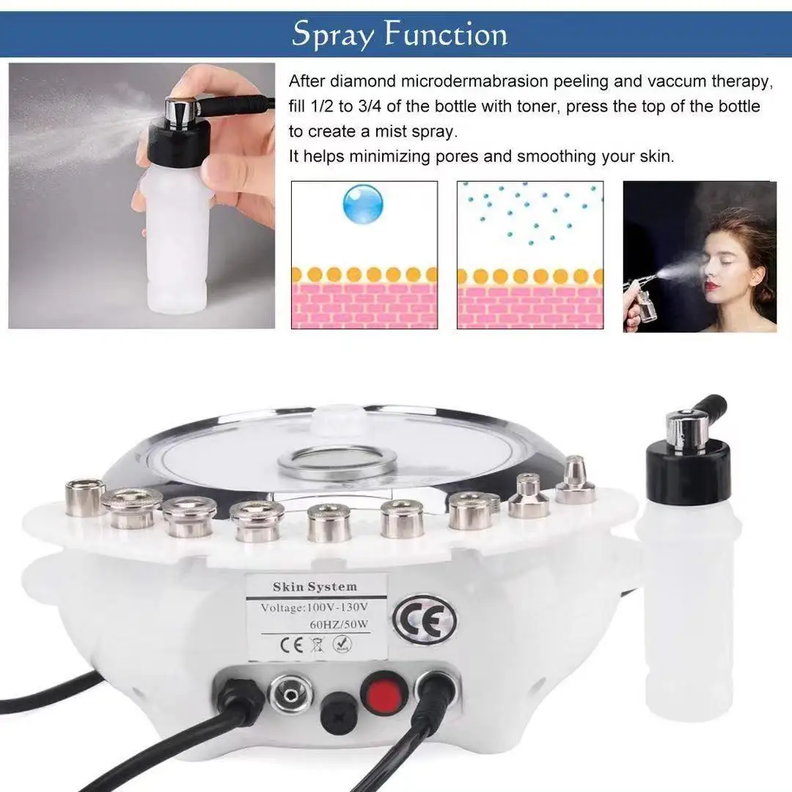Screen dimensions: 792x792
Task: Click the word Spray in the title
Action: click(333, 34)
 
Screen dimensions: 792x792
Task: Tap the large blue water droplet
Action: click(363, 204)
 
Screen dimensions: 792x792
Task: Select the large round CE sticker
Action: click(425, 620)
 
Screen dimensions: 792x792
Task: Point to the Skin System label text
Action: click(315, 587)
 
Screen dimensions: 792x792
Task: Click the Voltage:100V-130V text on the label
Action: click(314, 607)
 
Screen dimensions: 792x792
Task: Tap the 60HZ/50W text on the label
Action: click(339, 624)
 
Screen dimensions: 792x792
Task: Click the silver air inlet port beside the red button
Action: click(290, 695)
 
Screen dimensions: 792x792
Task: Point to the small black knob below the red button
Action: click(338, 711)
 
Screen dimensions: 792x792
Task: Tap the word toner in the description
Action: click(538, 106)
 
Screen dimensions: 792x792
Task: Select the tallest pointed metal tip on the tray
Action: click(576, 480)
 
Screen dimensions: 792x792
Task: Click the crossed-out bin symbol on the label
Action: click(317, 645)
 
